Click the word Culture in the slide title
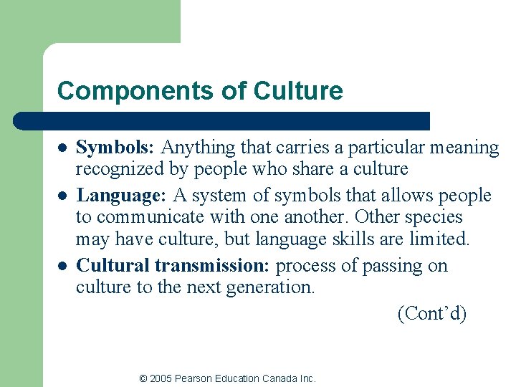[x=298, y=91]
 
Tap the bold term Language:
[x=122, y=196]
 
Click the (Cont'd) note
[x=431, y=313]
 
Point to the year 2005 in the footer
[x=162, y=378]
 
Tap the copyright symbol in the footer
[x=143, y=378]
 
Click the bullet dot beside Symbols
[x=62, y=148]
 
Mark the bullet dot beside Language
[x=62, y=196]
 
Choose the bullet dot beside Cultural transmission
[x=62, y=266]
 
